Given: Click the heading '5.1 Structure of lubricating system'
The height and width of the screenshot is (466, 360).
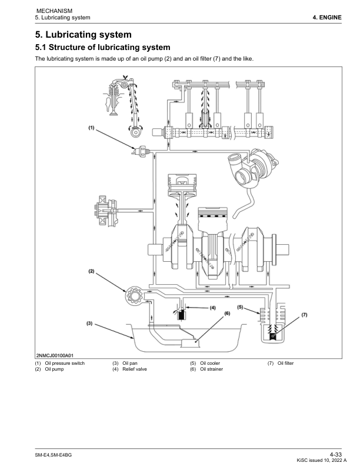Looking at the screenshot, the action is click(x=103, y=47).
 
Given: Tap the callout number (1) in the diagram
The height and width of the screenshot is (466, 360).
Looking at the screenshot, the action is click(x=91, y=128).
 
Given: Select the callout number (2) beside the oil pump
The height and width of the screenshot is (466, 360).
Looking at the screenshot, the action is click(x=91, y=271).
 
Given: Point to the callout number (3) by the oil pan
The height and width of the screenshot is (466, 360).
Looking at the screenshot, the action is click(x=89, y=324).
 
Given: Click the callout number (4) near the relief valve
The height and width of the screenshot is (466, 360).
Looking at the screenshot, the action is click(x=213, y=308).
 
